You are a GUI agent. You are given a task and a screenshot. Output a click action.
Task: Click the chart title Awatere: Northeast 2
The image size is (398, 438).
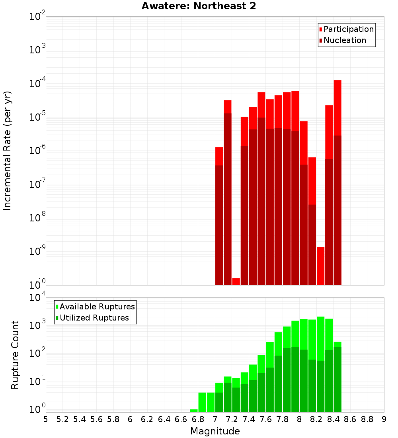[x=199, y=6]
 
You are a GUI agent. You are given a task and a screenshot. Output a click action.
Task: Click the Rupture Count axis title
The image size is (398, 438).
[x=15, y=355]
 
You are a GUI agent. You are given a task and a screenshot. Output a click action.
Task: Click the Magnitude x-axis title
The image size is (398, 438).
[x=215, y=431]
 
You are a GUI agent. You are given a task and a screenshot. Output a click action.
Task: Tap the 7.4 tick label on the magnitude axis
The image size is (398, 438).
[x=249, y=419]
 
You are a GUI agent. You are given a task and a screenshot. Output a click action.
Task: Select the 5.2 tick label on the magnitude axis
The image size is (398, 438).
[x=63, y=419]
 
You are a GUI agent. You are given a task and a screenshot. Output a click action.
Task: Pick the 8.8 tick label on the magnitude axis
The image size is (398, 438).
[x=367, y=419]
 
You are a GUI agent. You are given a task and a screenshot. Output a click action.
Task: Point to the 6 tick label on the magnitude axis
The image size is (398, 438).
[x=130, y=419]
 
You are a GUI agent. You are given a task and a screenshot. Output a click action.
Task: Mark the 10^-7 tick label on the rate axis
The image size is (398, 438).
[x=37, y=184]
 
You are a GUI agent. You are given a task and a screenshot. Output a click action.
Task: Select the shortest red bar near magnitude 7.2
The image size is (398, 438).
[x=236, y=282]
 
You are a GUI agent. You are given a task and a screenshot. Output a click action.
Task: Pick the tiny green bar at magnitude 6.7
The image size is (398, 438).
[x=194, y=411]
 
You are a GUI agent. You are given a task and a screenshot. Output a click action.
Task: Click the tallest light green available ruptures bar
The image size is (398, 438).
[x=321, y=338]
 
